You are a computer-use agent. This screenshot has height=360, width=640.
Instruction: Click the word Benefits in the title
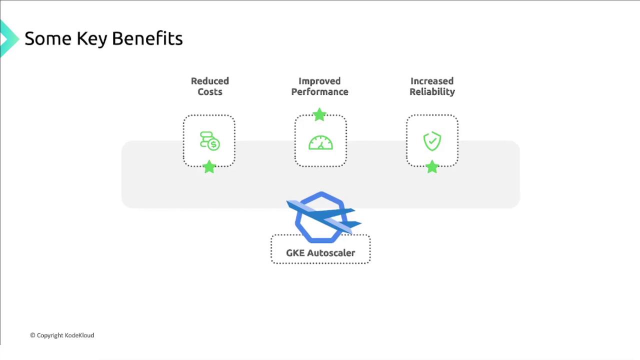(147, 38)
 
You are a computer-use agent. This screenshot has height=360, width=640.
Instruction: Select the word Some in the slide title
(48, 38)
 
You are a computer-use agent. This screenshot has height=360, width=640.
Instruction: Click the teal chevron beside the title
(9, 38)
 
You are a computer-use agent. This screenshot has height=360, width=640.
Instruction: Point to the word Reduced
(210, 81)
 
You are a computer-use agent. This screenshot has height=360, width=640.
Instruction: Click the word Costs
(210, 92)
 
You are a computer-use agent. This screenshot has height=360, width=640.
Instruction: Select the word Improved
(319, 81)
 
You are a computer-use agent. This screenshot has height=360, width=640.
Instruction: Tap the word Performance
(319, 92)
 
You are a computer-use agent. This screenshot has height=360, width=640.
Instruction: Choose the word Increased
(432, 81)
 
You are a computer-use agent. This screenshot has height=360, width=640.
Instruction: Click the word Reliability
(432, 92)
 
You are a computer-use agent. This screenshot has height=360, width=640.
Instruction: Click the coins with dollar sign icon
(209, 141)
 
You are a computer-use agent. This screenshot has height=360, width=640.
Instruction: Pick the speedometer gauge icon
(320, 142)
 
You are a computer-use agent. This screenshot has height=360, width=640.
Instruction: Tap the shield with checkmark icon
(432, 141)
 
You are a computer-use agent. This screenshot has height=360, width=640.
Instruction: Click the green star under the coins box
(209, 166)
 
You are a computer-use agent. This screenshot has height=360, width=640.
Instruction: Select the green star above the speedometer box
(319, 114)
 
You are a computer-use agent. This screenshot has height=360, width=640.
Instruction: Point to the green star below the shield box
(432, 166)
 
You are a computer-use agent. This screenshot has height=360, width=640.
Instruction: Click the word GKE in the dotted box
(295, 253)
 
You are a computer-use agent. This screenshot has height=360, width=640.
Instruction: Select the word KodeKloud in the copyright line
(79, 335)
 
